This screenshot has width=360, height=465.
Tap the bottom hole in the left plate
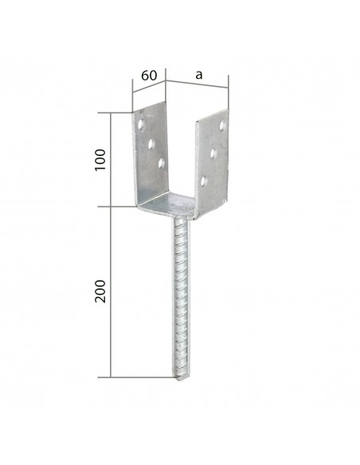click(162, 163)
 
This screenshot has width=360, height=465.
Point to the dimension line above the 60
click(148, 85)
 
